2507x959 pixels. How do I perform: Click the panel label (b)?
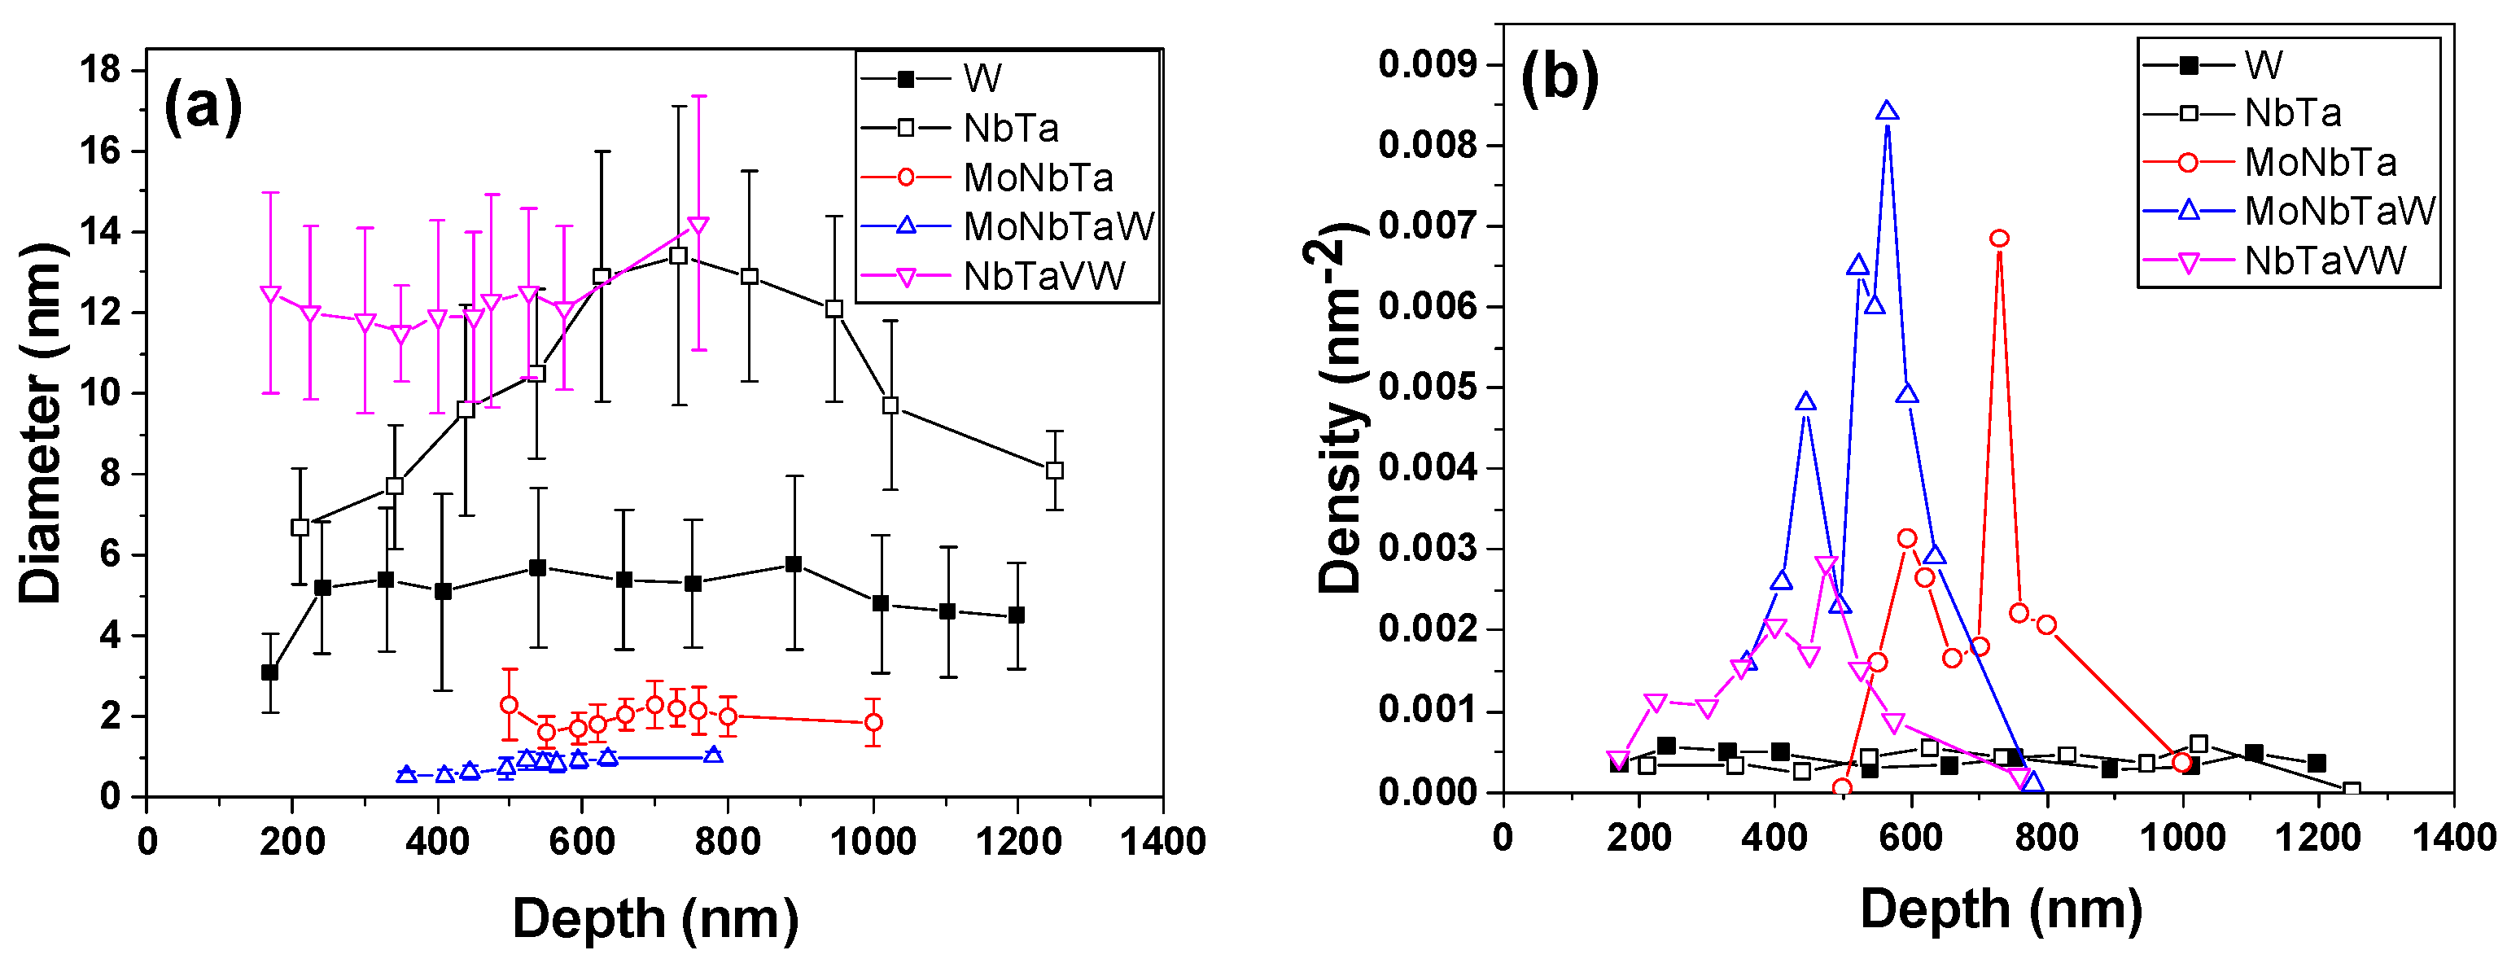click(1559, 78)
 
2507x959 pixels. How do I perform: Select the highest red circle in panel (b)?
click(1999, 239)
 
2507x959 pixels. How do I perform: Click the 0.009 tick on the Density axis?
click(1427, 64)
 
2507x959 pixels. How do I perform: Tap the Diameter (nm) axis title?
click(41, 423)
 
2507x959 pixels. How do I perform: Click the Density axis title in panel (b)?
click(1341, 409)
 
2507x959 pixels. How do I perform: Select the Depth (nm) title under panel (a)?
click(655, 918)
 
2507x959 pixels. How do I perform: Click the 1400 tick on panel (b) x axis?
click(2453, 838)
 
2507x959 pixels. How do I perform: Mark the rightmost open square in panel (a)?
click(1054, 471)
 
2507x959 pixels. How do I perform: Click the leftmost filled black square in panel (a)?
click(269, 672)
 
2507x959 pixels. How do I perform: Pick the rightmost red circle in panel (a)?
click(873, 722)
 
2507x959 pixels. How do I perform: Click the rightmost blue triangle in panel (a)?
click(712, 755)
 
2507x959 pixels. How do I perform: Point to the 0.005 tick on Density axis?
click(1427, 387)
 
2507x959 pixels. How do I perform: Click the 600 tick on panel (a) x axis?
click(582, 841)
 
